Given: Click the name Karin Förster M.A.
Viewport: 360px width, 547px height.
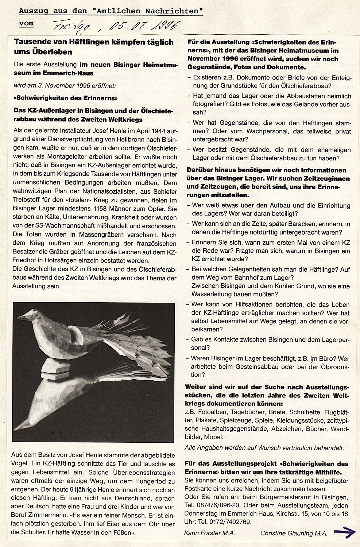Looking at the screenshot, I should coord(209,533).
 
